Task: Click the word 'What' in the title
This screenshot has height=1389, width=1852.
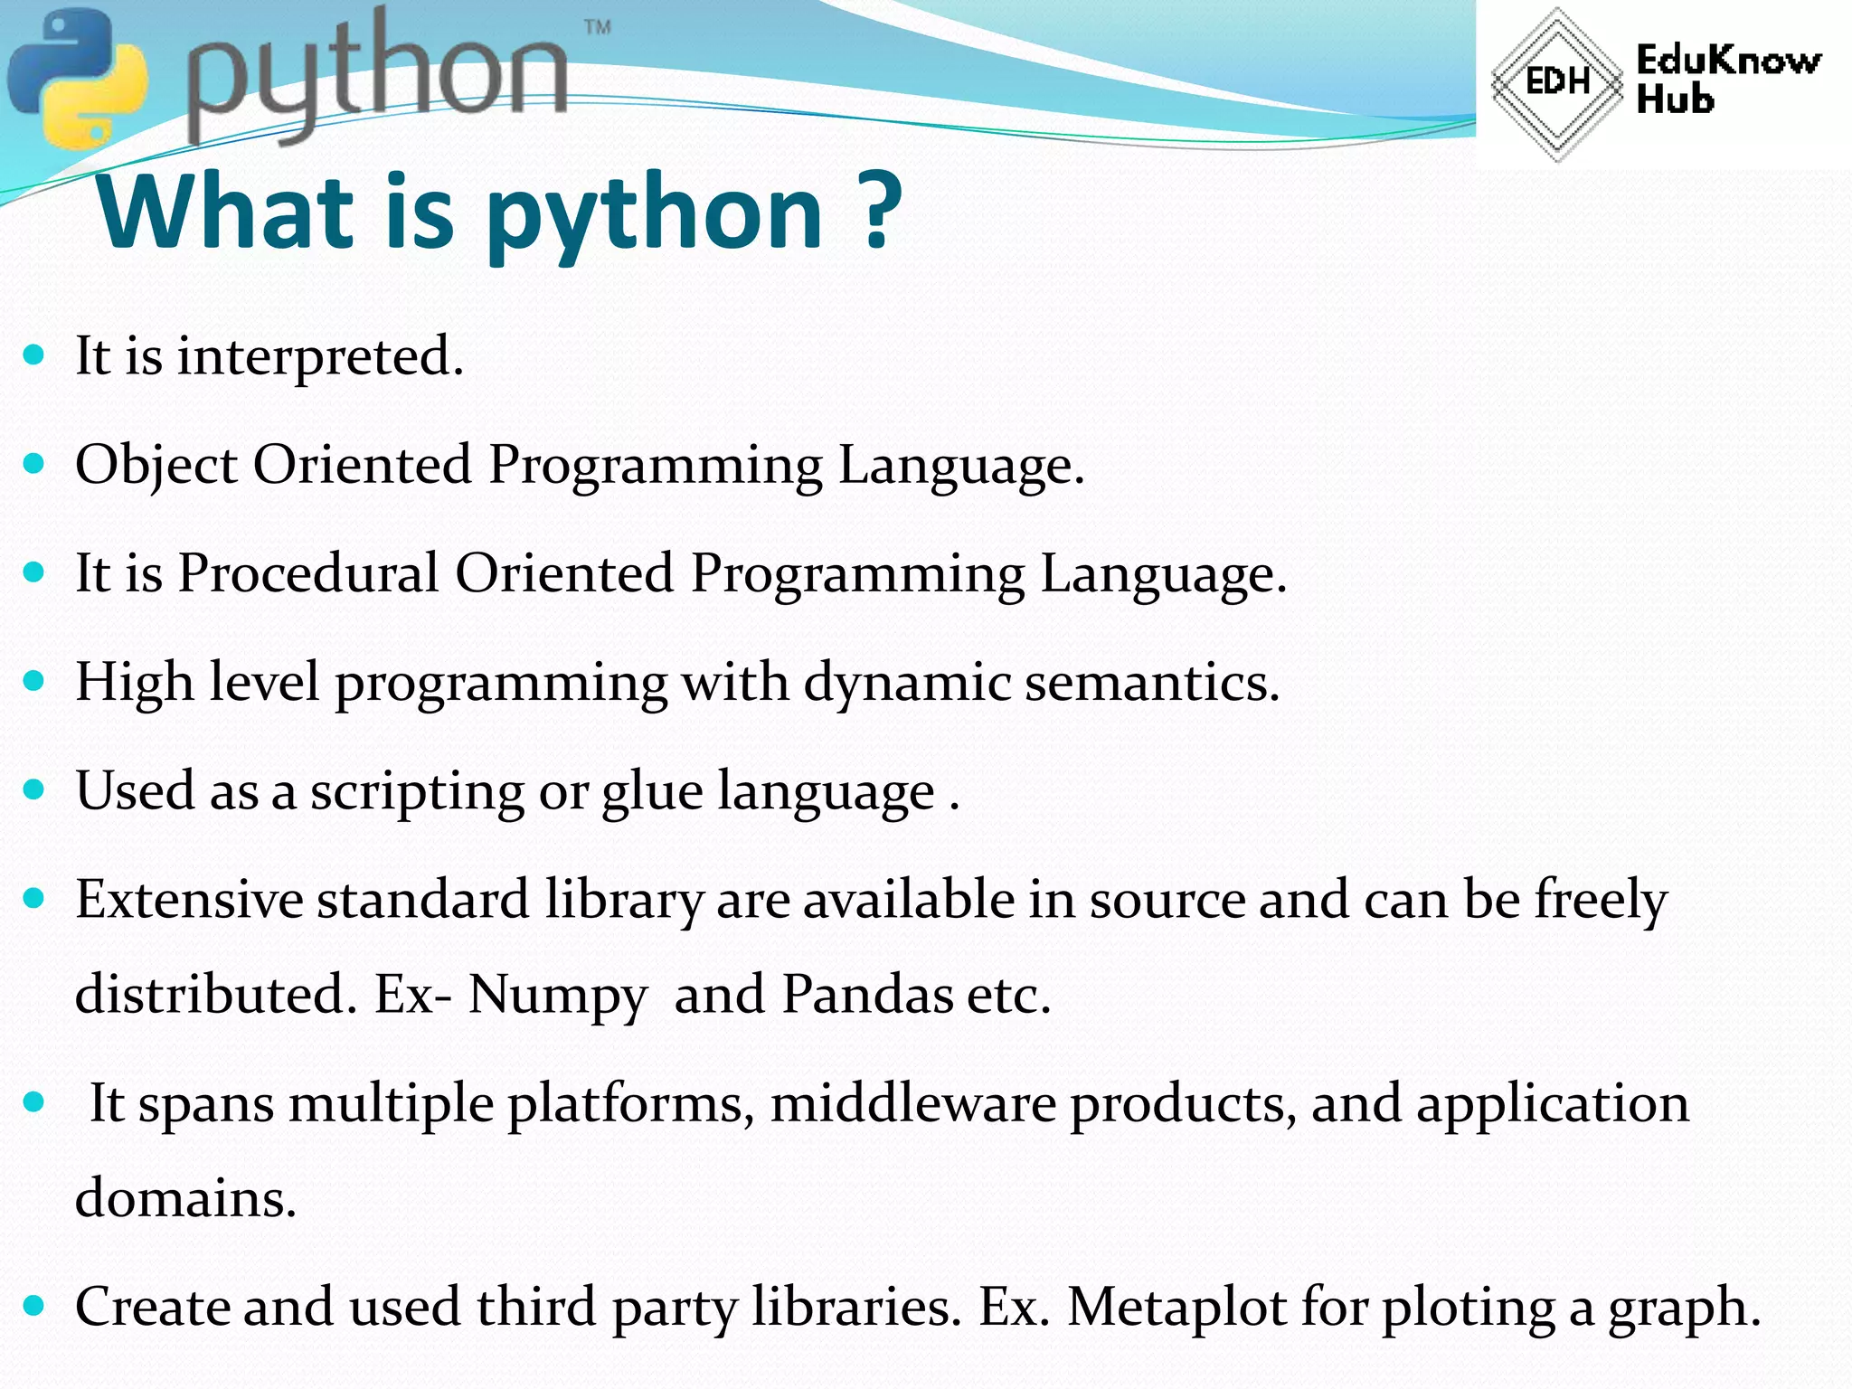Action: [x=225, y=212]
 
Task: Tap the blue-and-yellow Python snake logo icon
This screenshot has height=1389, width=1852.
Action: [x=77, y=77]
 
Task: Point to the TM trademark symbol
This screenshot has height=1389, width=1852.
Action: [x=598, y=27]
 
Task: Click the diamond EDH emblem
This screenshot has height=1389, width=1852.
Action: [x=1556, y=83]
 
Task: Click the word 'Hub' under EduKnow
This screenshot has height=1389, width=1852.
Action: [x=1675, y=99]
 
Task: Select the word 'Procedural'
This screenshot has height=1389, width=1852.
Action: [x=307, y=573]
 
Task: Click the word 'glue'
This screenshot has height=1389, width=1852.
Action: [x=652, y=792]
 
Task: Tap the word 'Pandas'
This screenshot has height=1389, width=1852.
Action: [x=867, y=994]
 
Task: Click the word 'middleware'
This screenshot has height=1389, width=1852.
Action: [x=912, y=1103]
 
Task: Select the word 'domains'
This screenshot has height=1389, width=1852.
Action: [x=185, y=1198]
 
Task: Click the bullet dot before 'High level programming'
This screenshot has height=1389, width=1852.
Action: [x=34, y=681]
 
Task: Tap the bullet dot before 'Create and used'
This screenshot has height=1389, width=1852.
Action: [x=34, y=1306]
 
